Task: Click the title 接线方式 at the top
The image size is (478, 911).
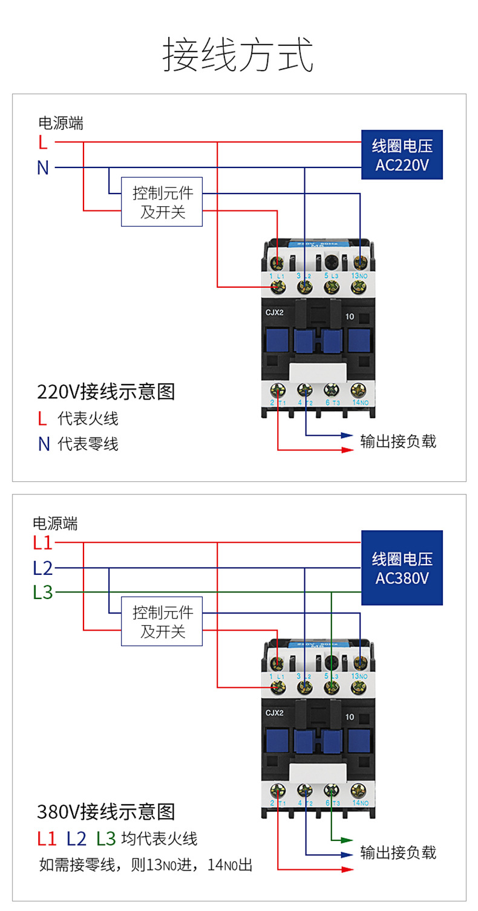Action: pos(238,55)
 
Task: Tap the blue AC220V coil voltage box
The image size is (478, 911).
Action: pos(402,155)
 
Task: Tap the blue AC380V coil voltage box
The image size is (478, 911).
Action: pos(402,568)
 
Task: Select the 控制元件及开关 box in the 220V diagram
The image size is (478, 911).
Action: pos(162,202)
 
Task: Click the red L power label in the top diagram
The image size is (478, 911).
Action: pos(42,143)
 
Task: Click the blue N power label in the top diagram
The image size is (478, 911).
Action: pos(42,167)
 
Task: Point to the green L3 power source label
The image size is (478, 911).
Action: pos(43,592)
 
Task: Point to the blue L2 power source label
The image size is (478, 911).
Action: pos(43,568)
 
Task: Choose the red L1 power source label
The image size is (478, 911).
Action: pos(43,543)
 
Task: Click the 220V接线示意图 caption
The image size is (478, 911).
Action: pos(106,392)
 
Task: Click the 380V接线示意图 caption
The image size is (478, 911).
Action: pos(106,810)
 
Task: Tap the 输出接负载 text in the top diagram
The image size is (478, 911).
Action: pos(398,441)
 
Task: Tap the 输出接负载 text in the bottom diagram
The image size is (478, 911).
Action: pos(398,852)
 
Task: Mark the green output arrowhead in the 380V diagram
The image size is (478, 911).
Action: pos(347,840)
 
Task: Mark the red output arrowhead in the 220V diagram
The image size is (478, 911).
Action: pos(347,450)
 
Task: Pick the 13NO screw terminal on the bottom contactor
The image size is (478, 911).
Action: pos(360,662)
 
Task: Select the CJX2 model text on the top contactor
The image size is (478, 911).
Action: pos(275,313)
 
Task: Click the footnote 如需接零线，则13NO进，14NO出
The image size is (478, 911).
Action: pos(145,865)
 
